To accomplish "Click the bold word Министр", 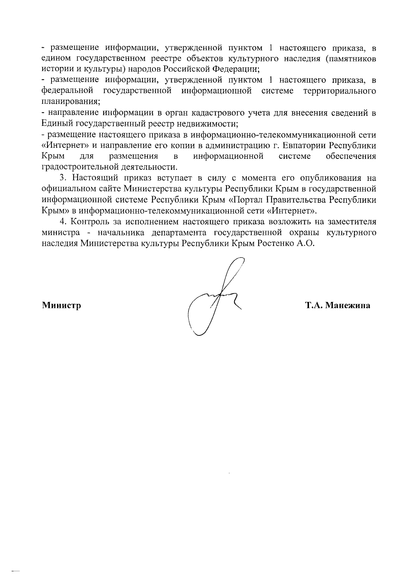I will click(61, 305).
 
